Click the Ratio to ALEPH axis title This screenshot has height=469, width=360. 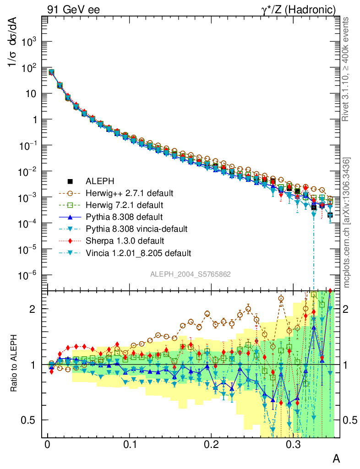click(14, 364)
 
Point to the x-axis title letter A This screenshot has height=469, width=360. click(336, 458)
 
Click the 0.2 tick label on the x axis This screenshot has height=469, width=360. click(211, 445)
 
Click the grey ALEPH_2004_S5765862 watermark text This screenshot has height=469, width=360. click(191, 274)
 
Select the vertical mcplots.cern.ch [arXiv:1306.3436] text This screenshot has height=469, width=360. click(347, 223)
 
